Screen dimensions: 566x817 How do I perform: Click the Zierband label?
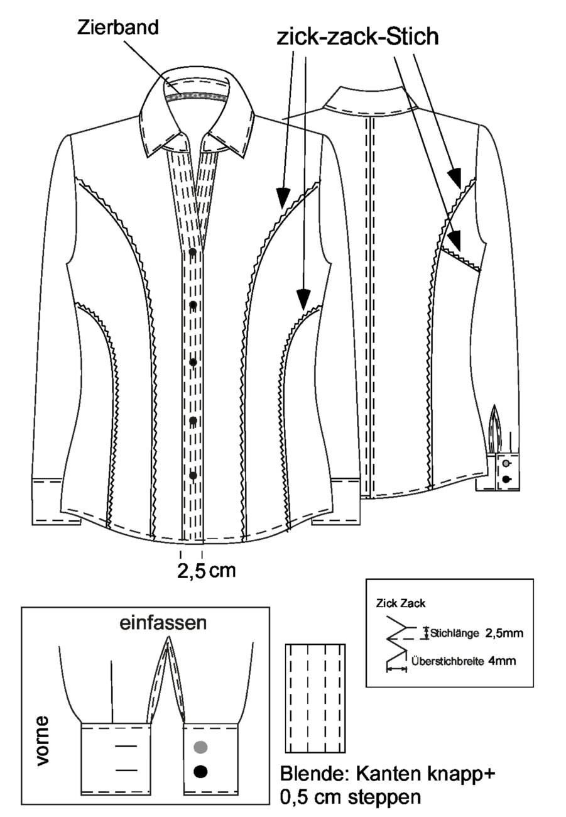[118, 28]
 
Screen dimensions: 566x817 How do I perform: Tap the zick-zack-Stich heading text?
[357, 37]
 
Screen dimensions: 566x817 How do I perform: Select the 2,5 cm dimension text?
[207, 570]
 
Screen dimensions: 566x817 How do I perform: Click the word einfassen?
[163, 623]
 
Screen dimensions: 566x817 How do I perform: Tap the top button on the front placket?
[193, 252]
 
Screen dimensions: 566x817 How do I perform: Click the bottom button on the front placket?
[193, 476]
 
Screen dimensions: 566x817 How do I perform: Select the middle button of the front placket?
[193, 363]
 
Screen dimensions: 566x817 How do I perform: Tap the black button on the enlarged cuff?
[200, 770]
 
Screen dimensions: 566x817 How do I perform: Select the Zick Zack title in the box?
[400, 603]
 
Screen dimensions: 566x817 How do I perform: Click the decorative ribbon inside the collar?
[196, 97]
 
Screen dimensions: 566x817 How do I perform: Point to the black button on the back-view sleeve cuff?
[506, 480]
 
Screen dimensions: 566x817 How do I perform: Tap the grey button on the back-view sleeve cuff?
[506, 464]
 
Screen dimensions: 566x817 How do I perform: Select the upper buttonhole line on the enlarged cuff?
[126, 746]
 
